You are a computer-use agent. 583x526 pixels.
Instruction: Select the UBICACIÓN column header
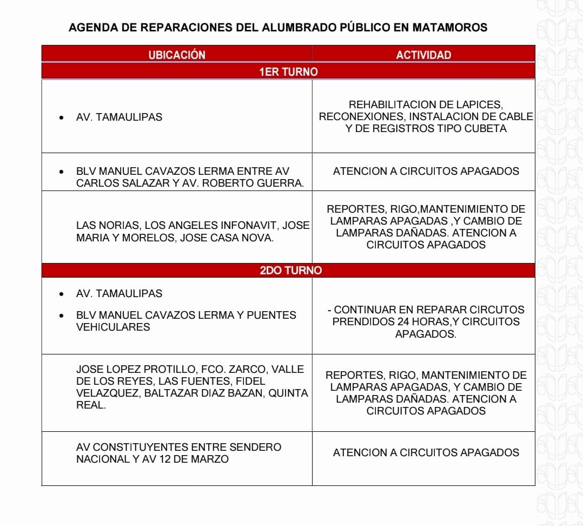tap(177, 55)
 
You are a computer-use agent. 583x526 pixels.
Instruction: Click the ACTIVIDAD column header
tap(423, 55)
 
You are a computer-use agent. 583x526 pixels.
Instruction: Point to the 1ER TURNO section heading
tap(288, 71)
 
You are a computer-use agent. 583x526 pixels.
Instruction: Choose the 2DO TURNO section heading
tap(290, 271)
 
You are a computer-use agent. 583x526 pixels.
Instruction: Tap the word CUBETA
tap(485, 129)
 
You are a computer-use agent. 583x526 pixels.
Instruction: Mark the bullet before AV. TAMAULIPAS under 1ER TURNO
tap(63, 117)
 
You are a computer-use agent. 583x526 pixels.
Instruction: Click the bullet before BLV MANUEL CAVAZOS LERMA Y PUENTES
tap(63, 315)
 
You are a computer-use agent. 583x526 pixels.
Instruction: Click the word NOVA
tap(257, 238)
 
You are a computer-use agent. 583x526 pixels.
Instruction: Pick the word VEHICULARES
tap(113, 327)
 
